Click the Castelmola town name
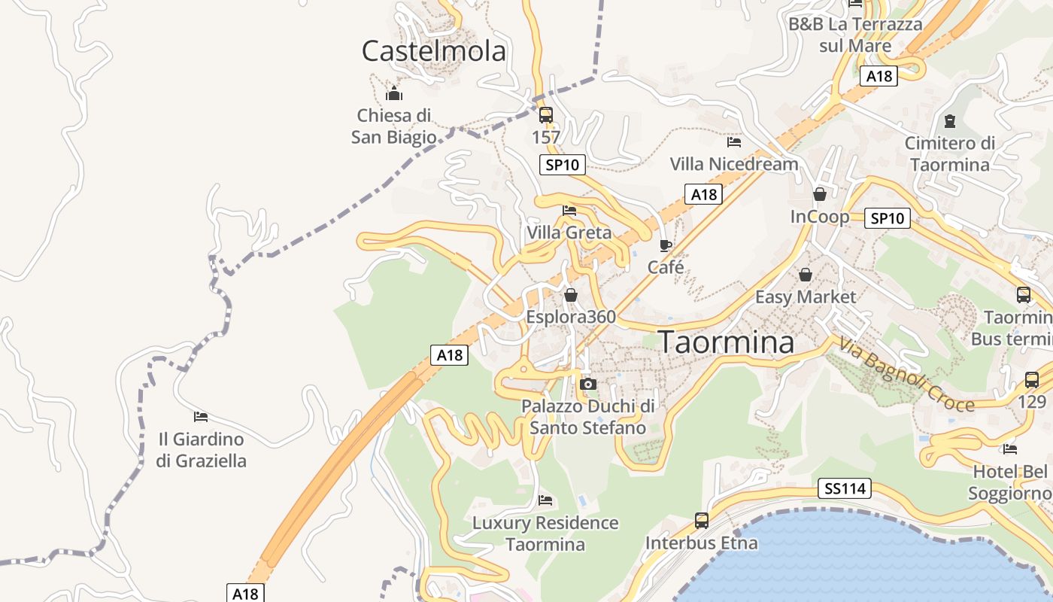[434, 51]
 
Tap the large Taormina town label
[727, 342]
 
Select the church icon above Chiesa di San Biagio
[394, 94]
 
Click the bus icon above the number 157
[546, 115]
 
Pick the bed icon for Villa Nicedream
[734, 141]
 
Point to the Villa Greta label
[569, 233]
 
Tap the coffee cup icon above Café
[665, 245]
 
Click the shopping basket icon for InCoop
[820, 194]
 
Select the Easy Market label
[806, 296]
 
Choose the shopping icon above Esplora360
[571, 295]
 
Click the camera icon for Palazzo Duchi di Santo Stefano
[588, 385]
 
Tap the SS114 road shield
[845, 489]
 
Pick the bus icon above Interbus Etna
[702, 520]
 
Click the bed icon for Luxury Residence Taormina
[545, 500]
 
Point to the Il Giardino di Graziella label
[202, 449]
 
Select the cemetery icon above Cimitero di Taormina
[949, 120]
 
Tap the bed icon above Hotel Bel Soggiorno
[1010, 449]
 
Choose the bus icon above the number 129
[1032, 380]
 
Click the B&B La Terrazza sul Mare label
[855, 35]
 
